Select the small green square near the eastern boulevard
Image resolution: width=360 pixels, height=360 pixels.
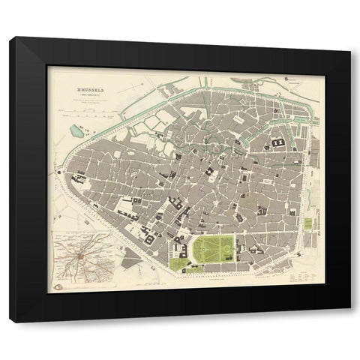(x=307, y=225)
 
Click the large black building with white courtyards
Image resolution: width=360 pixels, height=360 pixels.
(x=279, y=142)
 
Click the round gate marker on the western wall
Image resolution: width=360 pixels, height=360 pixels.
(x=59, y=172)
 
